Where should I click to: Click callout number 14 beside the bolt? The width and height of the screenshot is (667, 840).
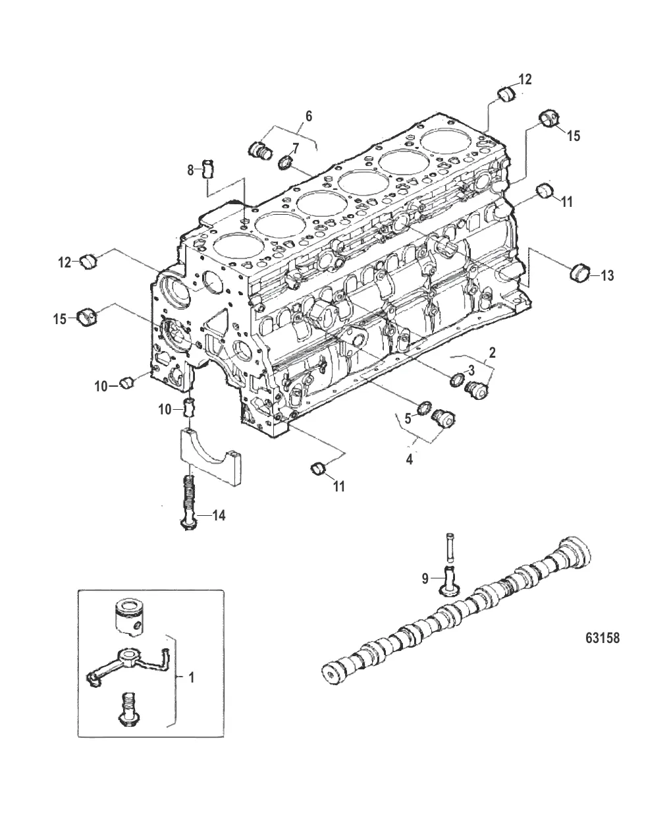tap(218, 515)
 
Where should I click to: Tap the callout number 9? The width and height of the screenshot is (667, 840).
tap(425, 579)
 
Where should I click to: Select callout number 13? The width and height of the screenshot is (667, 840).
tap(607, 275)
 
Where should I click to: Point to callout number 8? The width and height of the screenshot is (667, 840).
tap(190, 170)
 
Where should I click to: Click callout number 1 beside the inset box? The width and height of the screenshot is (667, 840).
tap(191, 678)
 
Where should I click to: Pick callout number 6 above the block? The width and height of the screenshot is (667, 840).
tap(309, 116)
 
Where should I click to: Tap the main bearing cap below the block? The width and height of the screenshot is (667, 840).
tap(211, 457)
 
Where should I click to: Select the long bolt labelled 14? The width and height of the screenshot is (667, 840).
tap(189, 503)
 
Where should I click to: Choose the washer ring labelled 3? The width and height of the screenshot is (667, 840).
tap(456, 379)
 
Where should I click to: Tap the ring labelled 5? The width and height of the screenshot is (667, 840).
tap(425, 408)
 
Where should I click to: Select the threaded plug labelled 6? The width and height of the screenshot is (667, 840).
tap(261, 151)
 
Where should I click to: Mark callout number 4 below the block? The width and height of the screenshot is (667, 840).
tap(409, 459)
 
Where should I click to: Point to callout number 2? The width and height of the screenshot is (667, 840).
tap(493, 352)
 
